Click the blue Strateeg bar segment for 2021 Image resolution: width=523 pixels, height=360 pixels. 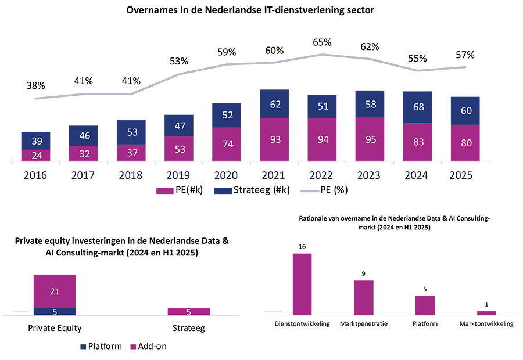tap(274, 105)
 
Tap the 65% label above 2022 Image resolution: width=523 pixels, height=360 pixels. tap(321, 42)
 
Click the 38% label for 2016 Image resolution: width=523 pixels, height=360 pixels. tap(35, 85)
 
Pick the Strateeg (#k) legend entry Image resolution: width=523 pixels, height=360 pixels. tap(250, 190)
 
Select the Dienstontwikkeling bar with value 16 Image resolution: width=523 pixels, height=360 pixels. tap(302, 284)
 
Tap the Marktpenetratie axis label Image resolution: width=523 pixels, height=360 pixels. tap(364, 323)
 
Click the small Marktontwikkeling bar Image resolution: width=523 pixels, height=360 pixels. tap(486, 313)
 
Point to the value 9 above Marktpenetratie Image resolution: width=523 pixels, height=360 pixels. tap(364, 274)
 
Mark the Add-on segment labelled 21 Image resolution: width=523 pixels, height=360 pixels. tap(55, 291)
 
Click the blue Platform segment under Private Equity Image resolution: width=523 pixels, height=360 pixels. tap(55, 312)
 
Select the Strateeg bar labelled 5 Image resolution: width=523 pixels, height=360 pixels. tap(188, 312)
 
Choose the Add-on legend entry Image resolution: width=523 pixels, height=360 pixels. tap(154, 347)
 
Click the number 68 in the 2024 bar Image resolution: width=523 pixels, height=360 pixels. tap(417, 107)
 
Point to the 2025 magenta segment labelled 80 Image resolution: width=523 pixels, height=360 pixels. tap(465, 143)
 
